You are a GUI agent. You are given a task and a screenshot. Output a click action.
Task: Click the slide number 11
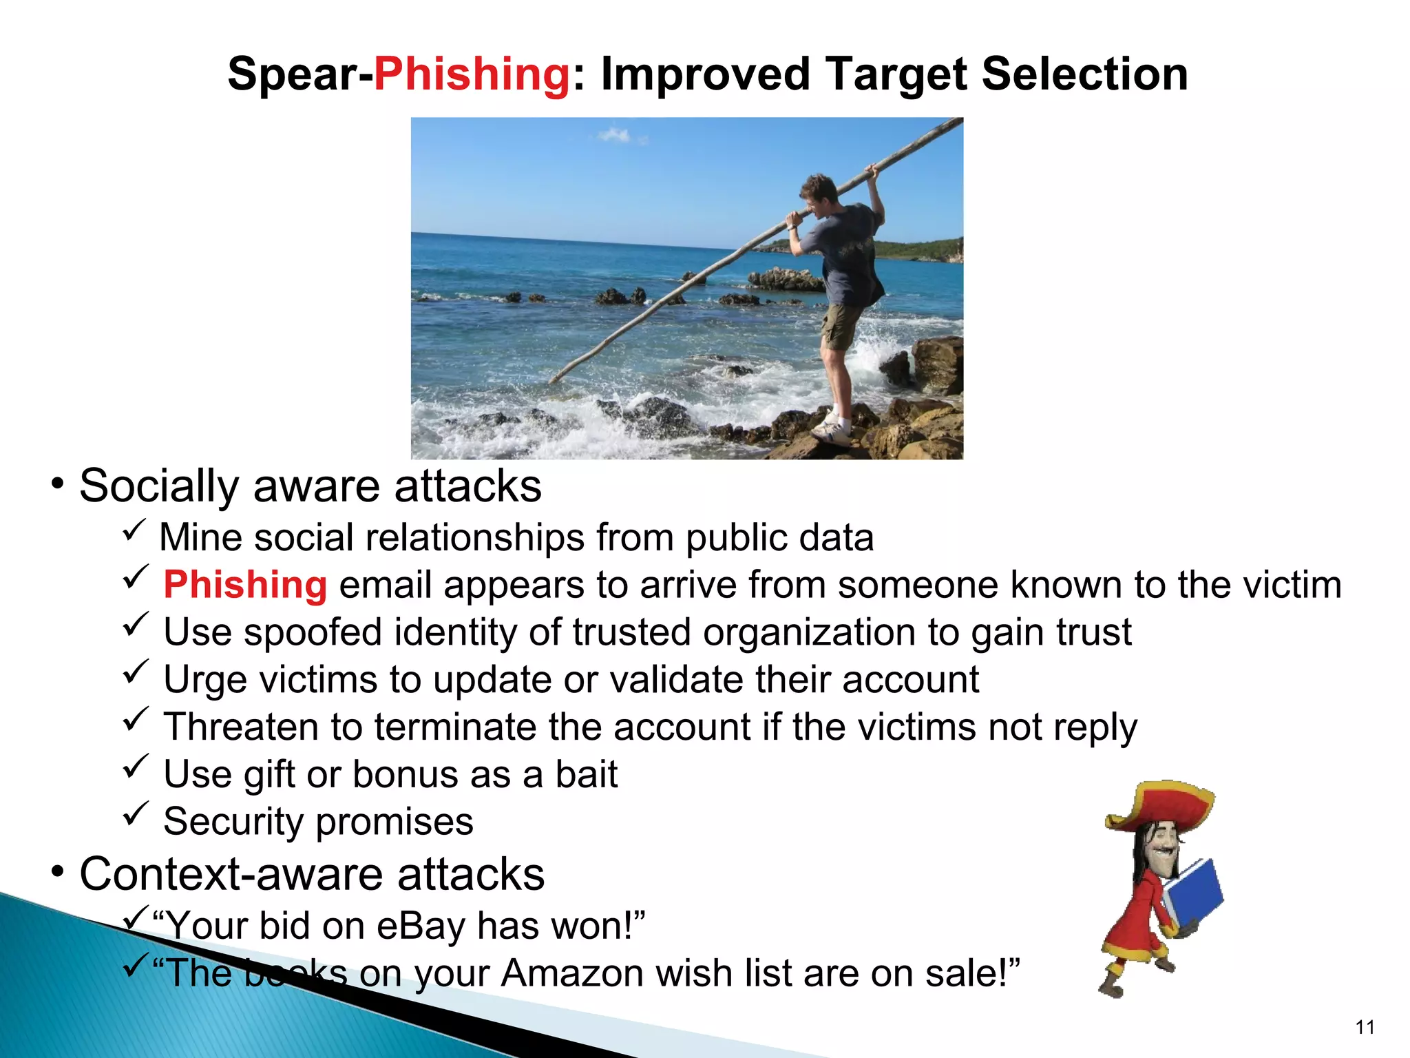[x=1365, y=1028]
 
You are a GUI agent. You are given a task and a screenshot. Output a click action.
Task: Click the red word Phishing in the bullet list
[x=245, y=585]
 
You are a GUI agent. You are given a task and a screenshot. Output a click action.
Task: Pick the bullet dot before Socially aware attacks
[x=58, y=484]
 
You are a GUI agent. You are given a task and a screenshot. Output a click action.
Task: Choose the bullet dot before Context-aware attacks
[x=58, y=872]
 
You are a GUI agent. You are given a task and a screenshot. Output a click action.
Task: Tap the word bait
[x=586, y=774]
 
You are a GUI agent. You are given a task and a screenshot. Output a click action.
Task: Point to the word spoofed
[x=313, y=632]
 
